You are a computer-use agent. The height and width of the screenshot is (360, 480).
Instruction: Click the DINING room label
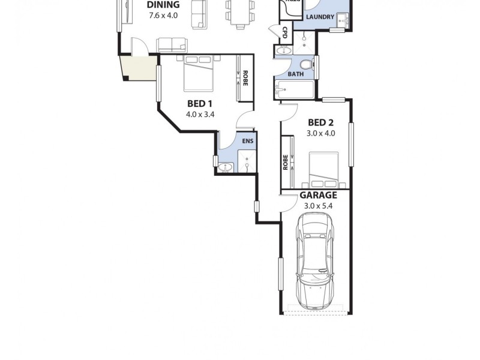click(163, 5)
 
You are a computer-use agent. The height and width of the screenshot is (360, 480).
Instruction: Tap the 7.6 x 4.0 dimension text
click(163, 16)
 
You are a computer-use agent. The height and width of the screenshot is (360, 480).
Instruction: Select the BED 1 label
click(200, 103)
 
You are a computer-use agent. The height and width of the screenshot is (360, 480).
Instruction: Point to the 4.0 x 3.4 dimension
click(200, 113)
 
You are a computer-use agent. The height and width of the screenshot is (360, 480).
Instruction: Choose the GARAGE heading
click(318, 195)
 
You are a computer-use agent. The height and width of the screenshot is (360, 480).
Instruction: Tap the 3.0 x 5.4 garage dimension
click(318, 206)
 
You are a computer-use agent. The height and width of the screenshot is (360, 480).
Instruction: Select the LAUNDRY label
click(320, 17)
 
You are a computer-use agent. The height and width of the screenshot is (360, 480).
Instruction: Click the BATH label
click(295, 74)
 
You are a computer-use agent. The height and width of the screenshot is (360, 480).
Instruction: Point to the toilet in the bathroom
click(307, 64)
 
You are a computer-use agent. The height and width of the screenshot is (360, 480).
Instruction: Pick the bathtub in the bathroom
click(294, 91)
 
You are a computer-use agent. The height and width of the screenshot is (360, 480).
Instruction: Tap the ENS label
click(247, 141)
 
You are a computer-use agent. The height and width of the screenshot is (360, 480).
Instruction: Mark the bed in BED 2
click(324, 170)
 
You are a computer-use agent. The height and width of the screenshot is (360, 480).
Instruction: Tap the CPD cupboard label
click(284, 32)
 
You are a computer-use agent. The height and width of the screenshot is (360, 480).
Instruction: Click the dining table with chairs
click(236, 13)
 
